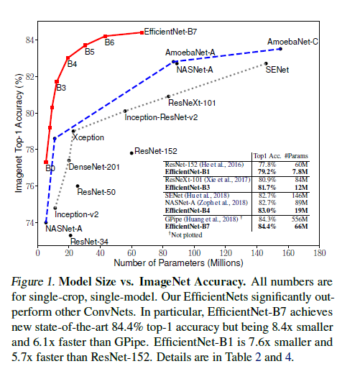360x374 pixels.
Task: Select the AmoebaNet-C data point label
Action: click(292, 42)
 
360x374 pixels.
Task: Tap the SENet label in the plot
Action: click(277, 71)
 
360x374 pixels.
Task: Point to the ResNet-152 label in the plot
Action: click(157, 151)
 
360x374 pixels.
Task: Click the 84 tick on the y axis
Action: click(29, 40)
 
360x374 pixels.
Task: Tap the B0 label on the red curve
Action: click(50, 168)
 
